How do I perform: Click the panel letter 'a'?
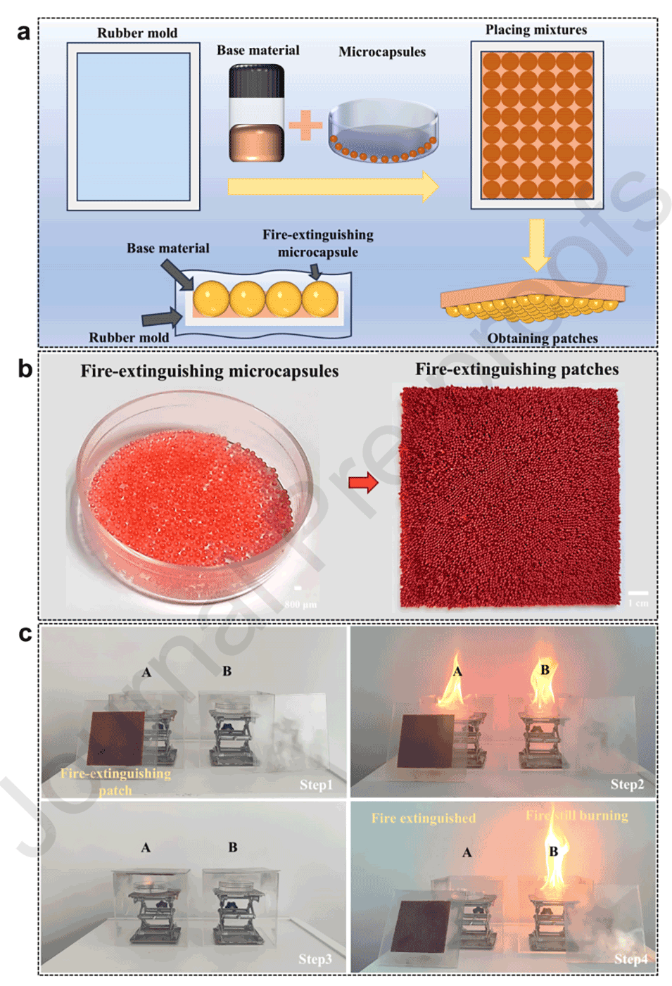coord(24,33)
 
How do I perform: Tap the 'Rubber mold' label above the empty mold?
coord(137,33)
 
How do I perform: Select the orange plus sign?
coord(306,125)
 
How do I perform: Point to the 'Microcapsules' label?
coord(382,52)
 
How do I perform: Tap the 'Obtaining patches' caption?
coord(543,339)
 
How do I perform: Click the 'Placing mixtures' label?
coord(536,30)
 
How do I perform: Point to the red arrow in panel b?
coord(363,483)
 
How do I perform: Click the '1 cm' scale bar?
coord(638,595)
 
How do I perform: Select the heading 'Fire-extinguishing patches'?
coord(517,369)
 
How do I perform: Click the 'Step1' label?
coord(316,785)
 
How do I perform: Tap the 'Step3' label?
coord(315,959)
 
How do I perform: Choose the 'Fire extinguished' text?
coord(424,818)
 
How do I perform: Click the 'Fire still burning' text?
coord(577,816)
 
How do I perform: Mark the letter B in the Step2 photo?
coord(545,670)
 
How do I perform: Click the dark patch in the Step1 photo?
coord(118,738)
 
